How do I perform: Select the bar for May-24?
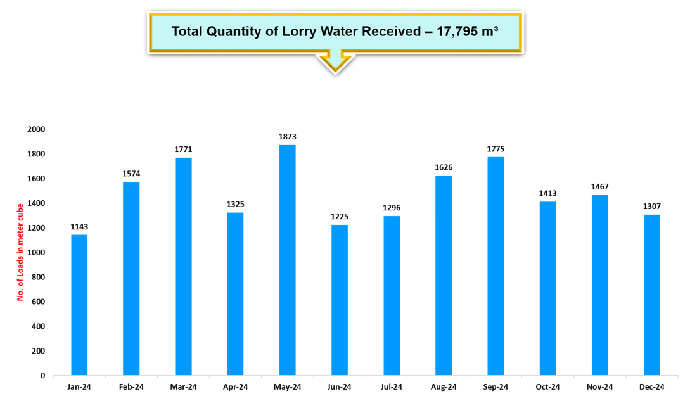tap(288, 260)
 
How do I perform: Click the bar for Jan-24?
tap(79, 305)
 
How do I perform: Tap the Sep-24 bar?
tap(496, 266)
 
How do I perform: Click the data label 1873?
tap(288, 137)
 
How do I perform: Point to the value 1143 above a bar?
tap(79, 227)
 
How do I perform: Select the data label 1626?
tap(444, 167)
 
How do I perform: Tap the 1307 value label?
tap(652, 207)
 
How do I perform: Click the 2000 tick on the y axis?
tap(36, 129)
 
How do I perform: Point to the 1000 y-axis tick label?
tap(36, 252)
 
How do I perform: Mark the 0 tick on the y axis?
tap(42, 376)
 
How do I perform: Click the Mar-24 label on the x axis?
tap(183, 387)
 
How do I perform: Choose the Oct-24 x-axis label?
tap(547, 387)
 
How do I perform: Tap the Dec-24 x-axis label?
tap(652, 387)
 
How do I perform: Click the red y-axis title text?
tap(20, 252)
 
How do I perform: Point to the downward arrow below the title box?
tap(335, 63)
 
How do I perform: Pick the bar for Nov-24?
tap(600, 285)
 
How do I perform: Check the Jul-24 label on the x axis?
tap(392, 387)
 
